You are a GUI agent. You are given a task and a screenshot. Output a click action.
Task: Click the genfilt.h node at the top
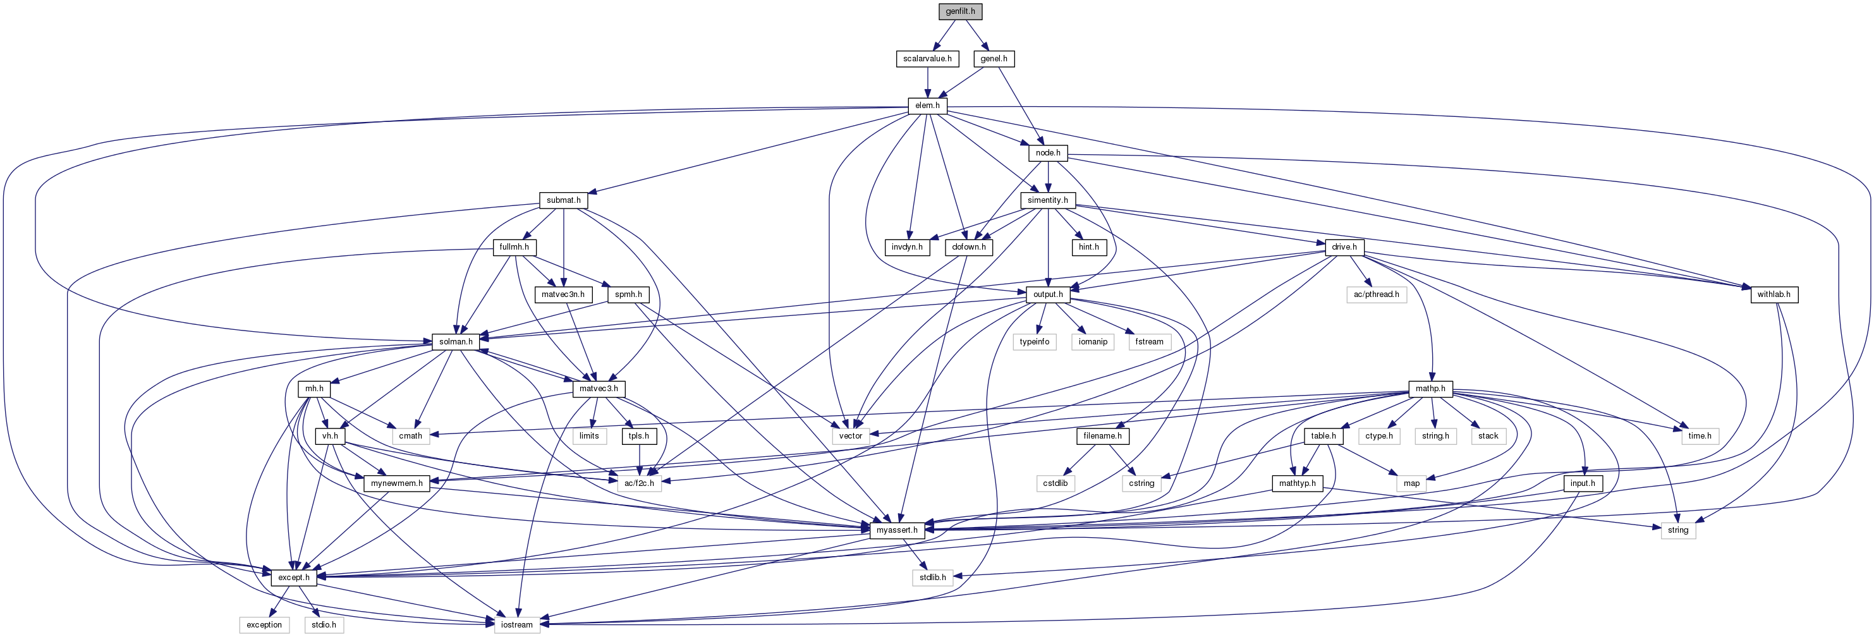960,11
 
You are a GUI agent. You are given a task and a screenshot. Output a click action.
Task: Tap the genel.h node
994,58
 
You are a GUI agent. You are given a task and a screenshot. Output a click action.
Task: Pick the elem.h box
928,106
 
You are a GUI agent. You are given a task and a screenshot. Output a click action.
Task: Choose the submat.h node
564,200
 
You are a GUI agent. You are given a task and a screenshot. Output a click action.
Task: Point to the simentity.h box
1047,200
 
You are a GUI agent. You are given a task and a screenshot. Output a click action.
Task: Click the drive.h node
1344,247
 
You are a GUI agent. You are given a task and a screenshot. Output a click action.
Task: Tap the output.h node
1047,294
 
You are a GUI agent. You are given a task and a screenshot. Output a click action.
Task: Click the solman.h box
456,342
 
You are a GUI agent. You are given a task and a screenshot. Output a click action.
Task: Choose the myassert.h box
896,530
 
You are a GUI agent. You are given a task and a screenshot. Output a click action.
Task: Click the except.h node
294,578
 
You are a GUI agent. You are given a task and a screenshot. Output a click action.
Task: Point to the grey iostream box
516,624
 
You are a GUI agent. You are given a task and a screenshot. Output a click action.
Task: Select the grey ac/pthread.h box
1376,294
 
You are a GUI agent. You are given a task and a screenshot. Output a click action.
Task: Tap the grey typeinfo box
1034,342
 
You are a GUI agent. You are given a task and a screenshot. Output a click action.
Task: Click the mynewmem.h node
396,483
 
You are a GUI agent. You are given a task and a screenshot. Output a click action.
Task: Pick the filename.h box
1102,436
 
